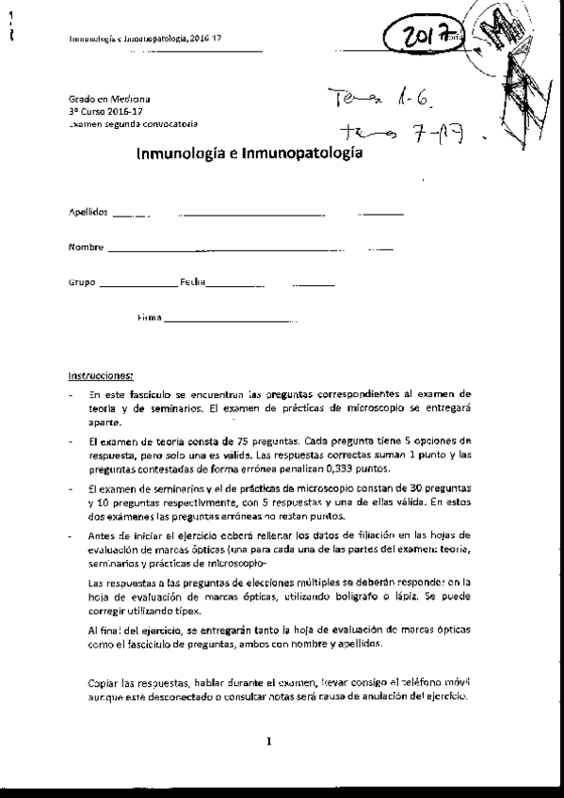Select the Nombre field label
[86, 247]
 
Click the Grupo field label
[82, 282]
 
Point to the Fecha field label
[194, 282]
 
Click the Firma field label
[150, 318]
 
